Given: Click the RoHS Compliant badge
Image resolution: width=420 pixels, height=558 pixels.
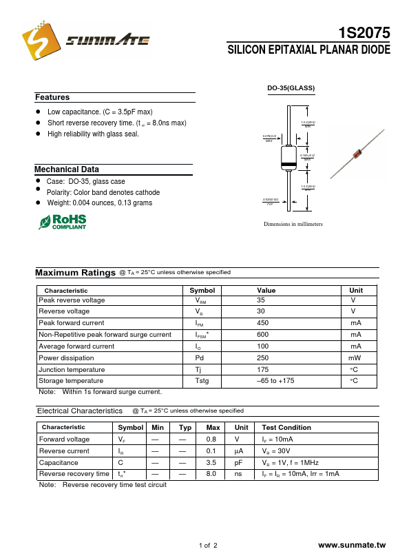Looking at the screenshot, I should pyautogui.click(x=63, y=221).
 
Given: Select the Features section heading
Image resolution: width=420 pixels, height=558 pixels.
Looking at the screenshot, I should pyautogui.click(x=52, y=98).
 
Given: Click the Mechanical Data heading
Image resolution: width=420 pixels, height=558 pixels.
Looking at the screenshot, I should pyautogui.click(x=67, y=169).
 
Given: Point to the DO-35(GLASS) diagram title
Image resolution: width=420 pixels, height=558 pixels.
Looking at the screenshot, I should pyautogui.click(x=291, y=88).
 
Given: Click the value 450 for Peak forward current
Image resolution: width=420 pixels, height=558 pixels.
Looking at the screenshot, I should pyautogui.click(x=262, y=323).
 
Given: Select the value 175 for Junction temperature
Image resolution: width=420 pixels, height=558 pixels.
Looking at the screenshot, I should pyautogui.click(x=262, y=370).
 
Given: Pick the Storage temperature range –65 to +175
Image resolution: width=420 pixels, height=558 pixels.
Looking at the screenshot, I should pyautogui.click(x=275, y=381).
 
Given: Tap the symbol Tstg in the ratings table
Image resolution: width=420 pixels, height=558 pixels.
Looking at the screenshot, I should pyautogui.click(x=202, y=381).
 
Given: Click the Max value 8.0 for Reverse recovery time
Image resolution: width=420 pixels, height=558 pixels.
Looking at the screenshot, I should pyautogui.click(x=211, y=474).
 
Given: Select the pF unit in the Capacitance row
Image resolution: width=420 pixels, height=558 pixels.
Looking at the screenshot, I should pyautogui.click(x=239, y=463).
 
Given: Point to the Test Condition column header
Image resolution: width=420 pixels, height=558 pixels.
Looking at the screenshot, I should pyautogui.click(x=286, y=428).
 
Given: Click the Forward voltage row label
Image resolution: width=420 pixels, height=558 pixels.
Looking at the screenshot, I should pyautogui.click(x=64, y=440).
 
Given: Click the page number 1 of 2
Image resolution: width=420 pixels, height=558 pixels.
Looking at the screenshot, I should pyautogui.click(x=208, y=546).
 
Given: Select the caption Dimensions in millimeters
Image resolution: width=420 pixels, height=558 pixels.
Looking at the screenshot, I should pyautogui.click(x=293, y=225).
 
